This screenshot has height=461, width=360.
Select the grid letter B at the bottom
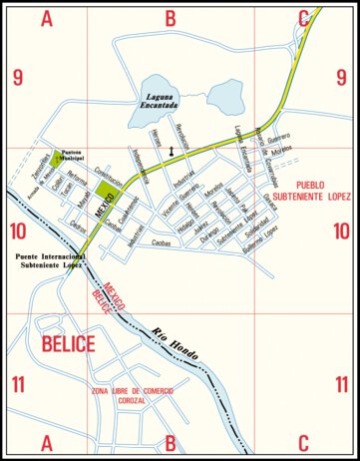point(171,443)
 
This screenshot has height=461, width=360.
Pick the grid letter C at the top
point(303,17)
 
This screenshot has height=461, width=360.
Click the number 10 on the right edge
point(342,232)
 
